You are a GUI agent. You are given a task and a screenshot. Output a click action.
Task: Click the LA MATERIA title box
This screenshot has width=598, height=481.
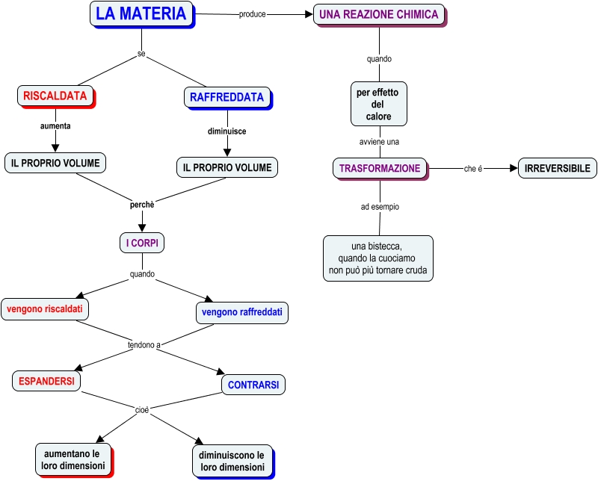(141, 13)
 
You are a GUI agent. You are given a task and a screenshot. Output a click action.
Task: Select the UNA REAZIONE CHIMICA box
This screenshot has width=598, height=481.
(379, 14)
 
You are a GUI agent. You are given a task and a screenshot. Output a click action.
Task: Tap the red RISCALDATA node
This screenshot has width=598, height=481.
(55, 96)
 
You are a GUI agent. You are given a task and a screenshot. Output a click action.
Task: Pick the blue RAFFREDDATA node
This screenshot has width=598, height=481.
(226, 98)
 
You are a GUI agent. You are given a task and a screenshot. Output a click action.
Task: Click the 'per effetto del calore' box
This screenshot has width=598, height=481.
(379, 104)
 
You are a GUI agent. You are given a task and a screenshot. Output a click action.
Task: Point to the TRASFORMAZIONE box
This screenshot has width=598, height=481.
(380, 168)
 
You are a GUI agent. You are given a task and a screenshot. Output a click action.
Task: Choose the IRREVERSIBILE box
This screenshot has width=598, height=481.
(558, 168)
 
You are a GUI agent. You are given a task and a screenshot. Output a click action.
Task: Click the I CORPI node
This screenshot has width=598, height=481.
(141, 243)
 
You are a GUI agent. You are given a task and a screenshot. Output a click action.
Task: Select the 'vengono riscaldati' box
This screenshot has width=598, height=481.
(45, 308)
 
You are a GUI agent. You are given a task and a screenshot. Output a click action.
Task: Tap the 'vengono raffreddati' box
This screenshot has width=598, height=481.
(241, 312)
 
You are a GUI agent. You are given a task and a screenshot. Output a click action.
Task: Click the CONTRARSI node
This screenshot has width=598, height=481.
(253, 385)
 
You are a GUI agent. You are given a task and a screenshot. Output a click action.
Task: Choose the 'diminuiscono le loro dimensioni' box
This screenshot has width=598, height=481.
(232, 462)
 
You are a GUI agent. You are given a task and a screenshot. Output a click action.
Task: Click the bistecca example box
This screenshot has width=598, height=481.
(377, 258)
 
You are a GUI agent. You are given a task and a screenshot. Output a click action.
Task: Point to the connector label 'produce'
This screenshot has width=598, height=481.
(252, 14)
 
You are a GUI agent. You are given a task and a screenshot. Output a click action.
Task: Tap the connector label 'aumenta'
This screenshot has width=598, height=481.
(55, 126)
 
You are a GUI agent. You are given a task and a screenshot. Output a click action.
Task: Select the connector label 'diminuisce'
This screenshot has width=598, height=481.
(226, 131)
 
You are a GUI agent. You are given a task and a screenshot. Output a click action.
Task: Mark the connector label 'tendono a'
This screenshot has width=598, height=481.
(144, 345)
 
